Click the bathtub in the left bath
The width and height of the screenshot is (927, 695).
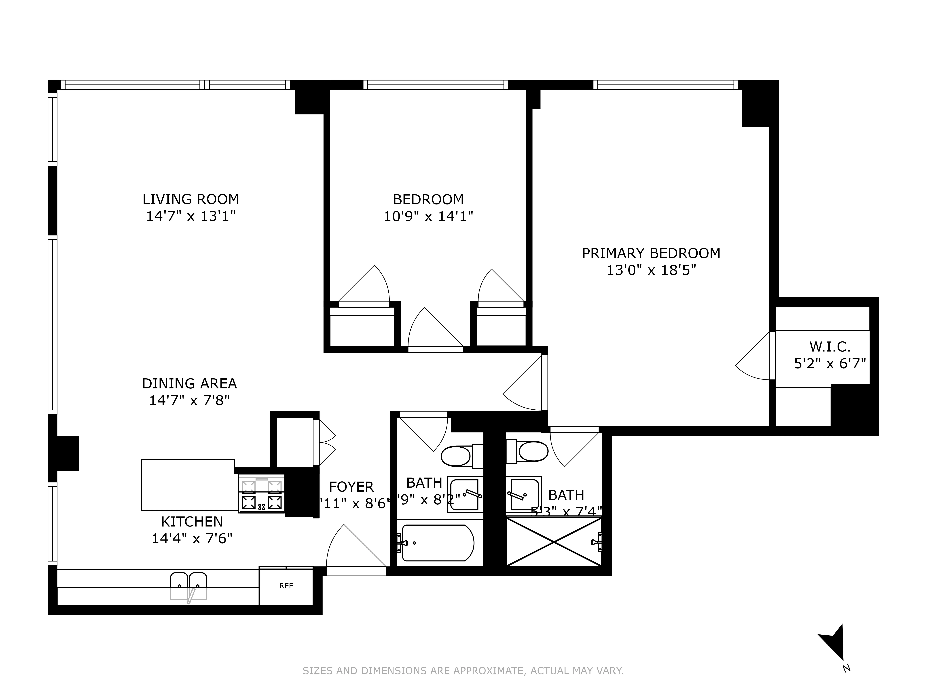(437, 543)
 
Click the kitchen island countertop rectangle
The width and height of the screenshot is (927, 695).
(188, 485)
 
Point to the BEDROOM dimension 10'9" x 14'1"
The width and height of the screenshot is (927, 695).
(428, 216)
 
